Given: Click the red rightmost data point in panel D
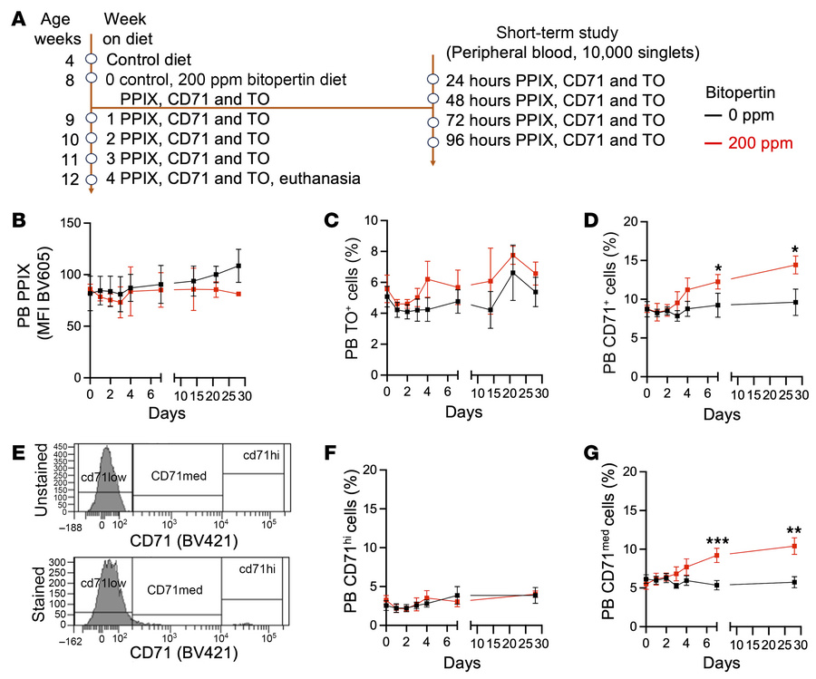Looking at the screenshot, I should pyautogui.click(x=795, y=265).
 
